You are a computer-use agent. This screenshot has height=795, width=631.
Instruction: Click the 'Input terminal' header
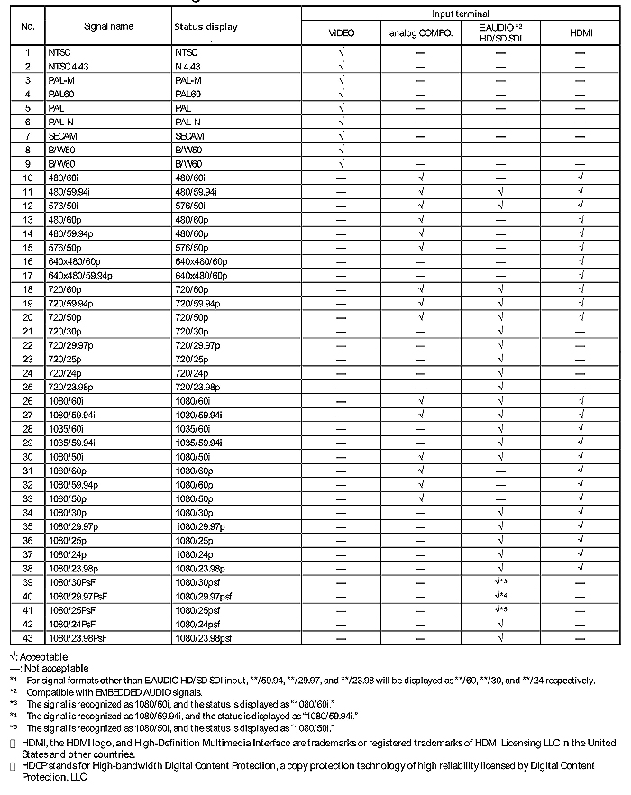[x=461, y=14]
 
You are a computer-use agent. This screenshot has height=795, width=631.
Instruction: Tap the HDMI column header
[x=581, y=33]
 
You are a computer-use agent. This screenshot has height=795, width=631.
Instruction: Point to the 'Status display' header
[x=206, y=27]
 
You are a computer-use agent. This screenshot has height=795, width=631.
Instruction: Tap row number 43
[x=27, y=638]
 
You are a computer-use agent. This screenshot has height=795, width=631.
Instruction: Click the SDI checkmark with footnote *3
[x=500, y=582]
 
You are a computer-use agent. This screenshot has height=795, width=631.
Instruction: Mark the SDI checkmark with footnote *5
[x=500, y=610]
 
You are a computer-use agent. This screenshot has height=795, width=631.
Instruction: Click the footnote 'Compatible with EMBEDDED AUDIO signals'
[x=117, y=691]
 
